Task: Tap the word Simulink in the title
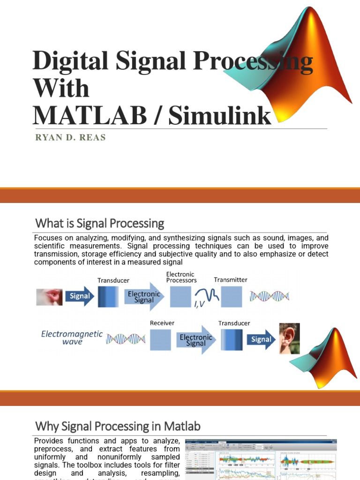(220, 114)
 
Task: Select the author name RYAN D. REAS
(70, 137)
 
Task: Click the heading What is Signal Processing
(100, 223)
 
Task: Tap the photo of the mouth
(49, 297)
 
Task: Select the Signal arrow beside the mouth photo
(80, 296)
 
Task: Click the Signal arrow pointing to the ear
(261, 339)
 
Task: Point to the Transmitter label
(231, 280)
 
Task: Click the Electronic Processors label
(180, 277)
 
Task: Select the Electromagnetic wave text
(72, 338)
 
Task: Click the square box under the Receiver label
(160, 339)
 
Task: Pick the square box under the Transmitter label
(231, 297)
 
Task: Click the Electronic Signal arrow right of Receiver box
(195, 340)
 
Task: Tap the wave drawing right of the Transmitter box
(270, 296)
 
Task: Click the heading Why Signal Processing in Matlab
(118, 427)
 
